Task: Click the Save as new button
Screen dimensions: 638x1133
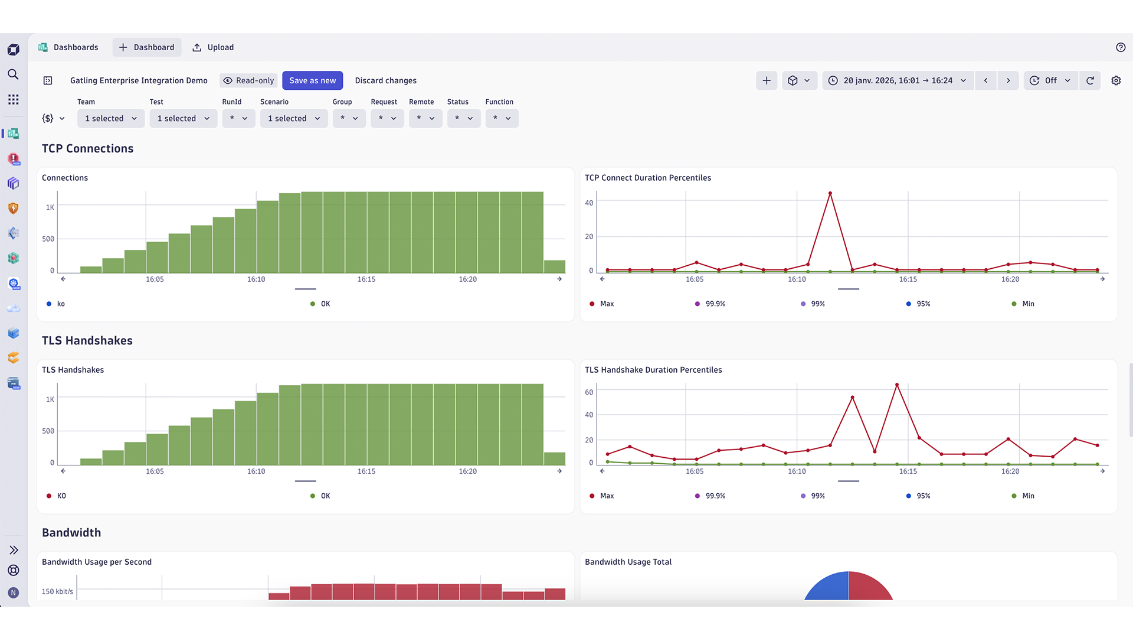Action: [x=312, y=80]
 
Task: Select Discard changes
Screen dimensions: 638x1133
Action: [x=385, y=80]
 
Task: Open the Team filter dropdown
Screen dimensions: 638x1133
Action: [x=111, y=118]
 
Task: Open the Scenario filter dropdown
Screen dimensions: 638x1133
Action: [x=294, y=118]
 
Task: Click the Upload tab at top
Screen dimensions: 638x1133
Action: [x=213, y=47]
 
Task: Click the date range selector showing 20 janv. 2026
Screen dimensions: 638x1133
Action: [x=898, y=80]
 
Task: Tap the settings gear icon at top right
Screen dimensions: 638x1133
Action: [x=1116, y=80]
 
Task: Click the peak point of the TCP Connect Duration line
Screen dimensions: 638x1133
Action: [x=830, y=194]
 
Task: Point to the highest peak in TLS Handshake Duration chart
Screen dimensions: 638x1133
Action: [x=897, y=385]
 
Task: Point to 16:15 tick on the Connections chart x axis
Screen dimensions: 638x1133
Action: [x=366, y=279]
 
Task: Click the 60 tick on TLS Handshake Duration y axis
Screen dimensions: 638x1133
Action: [x=589, y=392]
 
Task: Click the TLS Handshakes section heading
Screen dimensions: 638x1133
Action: [x=87, y=341]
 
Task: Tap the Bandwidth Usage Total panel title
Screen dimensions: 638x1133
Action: [x=628, y=562]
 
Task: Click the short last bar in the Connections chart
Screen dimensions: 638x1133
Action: [x=554, y=266]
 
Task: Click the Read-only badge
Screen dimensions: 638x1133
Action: [x=248, y=80]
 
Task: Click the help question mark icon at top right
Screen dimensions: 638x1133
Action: [x=1121, y=47]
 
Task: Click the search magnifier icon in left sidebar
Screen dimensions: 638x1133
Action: [x=13, y=74]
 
